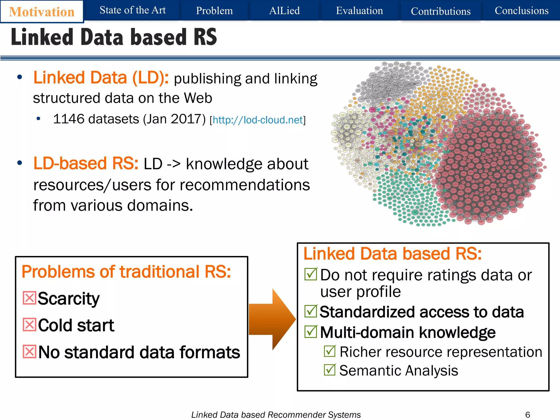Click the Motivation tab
coord(42,12)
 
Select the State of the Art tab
coord(133,10)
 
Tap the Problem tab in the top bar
coord(214,11)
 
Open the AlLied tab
coord(284,11)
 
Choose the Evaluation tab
coord(359,11)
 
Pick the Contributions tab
coord(441,11)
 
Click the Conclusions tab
coord(521,11)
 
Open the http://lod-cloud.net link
coord(258,120)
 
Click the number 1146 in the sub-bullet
coord(69,119)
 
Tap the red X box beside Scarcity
coord(29,298)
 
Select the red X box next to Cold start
coord(29,325)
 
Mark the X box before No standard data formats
coord(29,352)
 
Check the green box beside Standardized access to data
coord(311,311)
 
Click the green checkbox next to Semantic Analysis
coord(330,370)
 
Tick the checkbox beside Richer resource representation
coord(330,351)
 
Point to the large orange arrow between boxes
coord(272,319)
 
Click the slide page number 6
coord(527,415)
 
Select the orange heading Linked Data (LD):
coord(101,78)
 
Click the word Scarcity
coord(69,298)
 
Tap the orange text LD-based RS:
coord(86,164)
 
